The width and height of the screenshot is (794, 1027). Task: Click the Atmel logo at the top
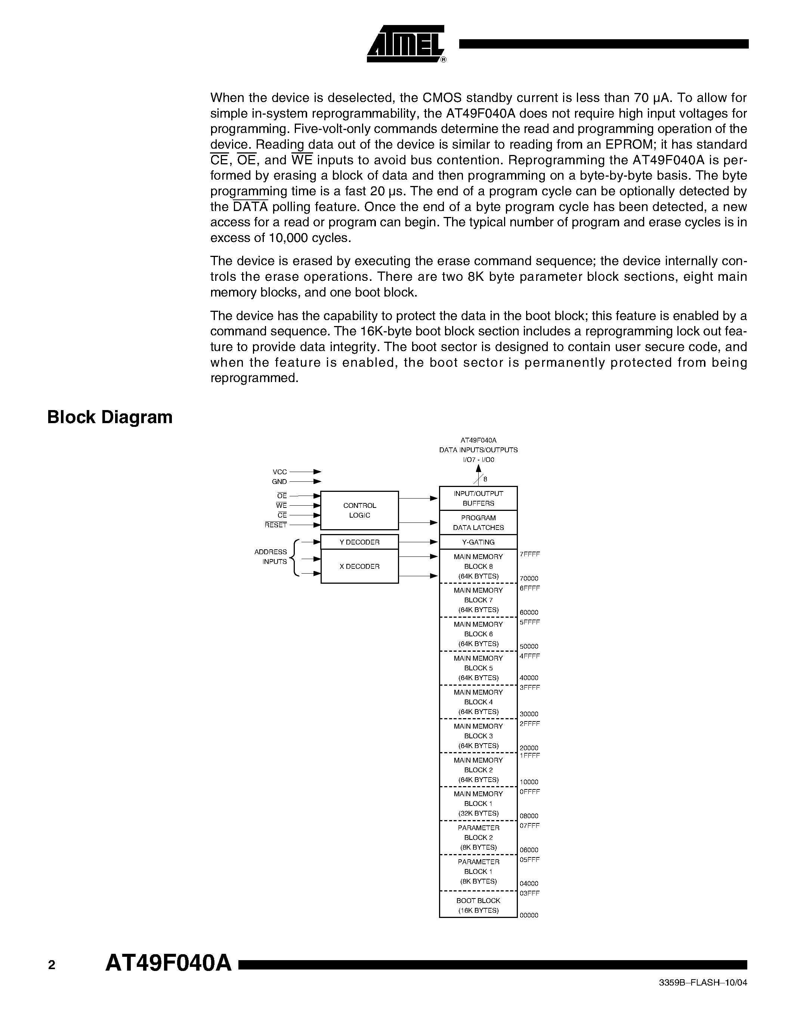(405, 44)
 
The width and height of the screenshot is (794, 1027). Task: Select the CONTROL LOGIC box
(359, 510)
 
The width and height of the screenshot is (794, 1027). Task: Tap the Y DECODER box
(359, 542)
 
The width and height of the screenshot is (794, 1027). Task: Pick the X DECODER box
(359, 567)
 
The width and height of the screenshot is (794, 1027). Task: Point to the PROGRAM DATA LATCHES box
(478, 523)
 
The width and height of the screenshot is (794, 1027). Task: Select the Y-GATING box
(478, 542)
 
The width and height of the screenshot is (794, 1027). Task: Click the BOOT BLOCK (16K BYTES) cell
(478, 905)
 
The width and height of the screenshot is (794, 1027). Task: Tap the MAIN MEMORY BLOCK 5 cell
(478, 668)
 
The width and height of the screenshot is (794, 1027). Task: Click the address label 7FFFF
(530, 554)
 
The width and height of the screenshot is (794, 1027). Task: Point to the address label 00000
(529, 915)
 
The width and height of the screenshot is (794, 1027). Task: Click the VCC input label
(279, 472)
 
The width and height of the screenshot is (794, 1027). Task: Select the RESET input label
(276, 525)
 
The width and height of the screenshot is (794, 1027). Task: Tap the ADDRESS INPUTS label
(271, 557)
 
